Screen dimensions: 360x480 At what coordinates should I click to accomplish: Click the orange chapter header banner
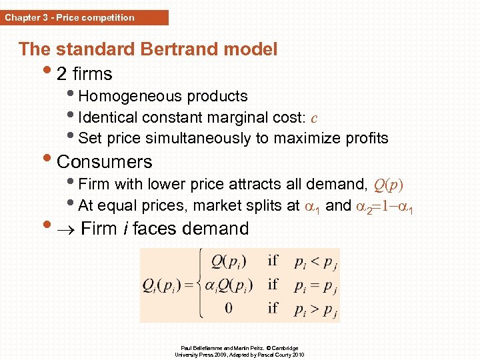[85, 17]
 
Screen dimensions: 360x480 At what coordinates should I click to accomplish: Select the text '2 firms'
[85, 73]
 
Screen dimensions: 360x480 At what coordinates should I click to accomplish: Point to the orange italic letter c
[314, 118]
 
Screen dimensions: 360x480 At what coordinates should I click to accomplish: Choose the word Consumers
[105, 162]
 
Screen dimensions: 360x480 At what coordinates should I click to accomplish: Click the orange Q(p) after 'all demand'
[389, 184]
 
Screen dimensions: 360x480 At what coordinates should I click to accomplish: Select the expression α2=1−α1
[384, 206]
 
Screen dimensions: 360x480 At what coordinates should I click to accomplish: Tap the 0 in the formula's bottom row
[229, 308]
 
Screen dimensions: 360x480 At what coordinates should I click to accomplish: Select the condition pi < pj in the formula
[315, 261]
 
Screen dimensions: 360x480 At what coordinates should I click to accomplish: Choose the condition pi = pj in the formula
[315, 285]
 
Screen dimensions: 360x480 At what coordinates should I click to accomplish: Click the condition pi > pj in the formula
[315, 308]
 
